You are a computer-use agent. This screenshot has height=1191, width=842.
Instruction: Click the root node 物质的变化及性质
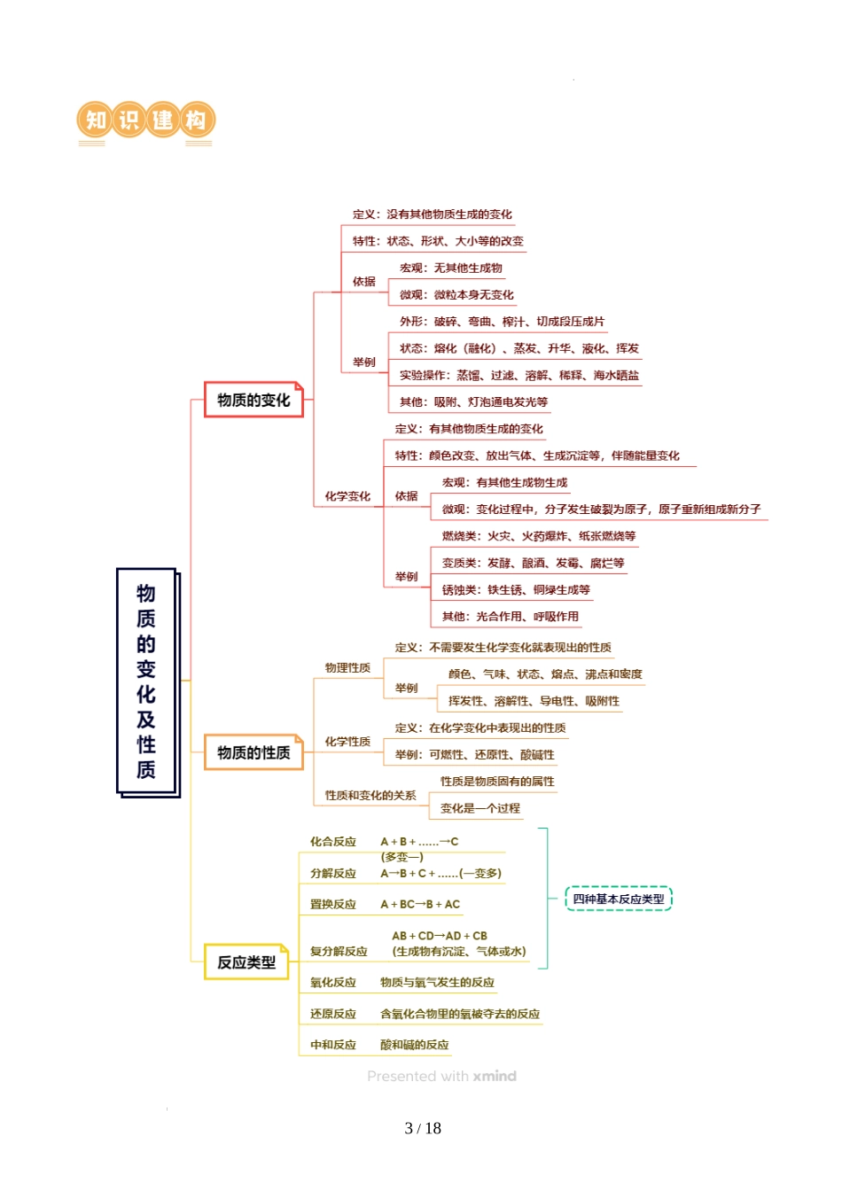coord(147,681)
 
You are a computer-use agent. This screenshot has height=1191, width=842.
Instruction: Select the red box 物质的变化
coord(253,401)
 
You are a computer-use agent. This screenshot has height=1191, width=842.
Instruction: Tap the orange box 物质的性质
coord(253,752)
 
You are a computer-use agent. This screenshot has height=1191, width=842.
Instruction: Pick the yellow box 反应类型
coord(246,962)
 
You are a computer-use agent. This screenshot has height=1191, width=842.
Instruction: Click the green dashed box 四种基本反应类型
coord(619,899)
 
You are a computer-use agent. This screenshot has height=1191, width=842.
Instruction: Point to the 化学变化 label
coord(347,496)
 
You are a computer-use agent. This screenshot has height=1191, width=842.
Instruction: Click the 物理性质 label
coord(347,668)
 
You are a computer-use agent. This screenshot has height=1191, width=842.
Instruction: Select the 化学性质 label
coord(347,742)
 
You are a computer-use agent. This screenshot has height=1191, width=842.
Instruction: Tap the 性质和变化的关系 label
coord(370,796)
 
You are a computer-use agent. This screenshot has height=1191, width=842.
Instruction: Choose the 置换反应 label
coord(333,905)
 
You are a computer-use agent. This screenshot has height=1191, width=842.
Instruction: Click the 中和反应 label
coord(333,1046)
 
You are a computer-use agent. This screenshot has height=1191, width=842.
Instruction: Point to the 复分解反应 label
coord(339,952)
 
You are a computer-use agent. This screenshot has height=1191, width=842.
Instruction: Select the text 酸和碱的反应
coord(415,1046)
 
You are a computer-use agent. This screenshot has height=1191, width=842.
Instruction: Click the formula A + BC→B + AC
coord(420,905)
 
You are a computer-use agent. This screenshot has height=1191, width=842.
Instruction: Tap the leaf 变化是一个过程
coord(480,808)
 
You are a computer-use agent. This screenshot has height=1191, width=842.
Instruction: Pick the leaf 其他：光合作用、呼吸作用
coord(511,617)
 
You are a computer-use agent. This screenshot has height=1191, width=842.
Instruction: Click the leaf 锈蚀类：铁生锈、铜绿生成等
coord(516,590)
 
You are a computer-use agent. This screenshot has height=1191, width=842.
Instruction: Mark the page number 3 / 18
coord(423,1128)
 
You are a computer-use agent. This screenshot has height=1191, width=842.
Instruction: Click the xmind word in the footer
coord(495,1077)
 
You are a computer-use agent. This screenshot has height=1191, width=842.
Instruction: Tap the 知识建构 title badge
coord(146,121)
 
